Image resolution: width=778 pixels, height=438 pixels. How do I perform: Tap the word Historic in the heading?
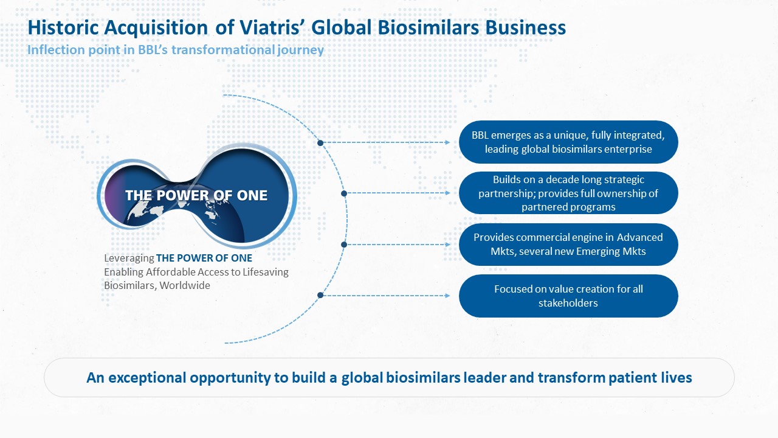pos(63,27)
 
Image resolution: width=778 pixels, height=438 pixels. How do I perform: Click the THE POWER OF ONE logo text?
pos(196,195)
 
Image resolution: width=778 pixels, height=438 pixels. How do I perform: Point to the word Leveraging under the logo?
pos(129,259)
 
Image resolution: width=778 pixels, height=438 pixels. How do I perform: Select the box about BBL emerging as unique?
pos(568,142)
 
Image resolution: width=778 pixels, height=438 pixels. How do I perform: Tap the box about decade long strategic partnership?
pos(568,193)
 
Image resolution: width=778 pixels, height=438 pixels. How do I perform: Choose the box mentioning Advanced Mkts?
pos(568,245)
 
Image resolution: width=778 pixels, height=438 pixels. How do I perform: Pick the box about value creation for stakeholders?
pos(568,296)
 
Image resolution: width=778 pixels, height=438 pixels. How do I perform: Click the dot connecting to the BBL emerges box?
pos(320,143)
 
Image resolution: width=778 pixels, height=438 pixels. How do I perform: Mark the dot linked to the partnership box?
pos(344,193)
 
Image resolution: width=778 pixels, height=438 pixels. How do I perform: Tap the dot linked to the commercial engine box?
pos(344,245)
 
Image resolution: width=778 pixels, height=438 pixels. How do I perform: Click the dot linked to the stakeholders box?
pos(320,295)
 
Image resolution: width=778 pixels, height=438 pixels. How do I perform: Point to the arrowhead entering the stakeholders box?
pos(448,296)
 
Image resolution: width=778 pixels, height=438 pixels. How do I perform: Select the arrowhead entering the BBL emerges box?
pos(448,142)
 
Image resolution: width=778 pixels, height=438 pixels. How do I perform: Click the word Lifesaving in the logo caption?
pos(266,272)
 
